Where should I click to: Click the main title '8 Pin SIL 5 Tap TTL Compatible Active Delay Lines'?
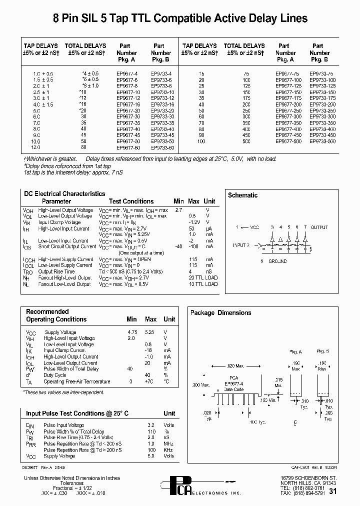180,19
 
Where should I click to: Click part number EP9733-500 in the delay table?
320,141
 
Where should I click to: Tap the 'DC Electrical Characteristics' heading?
64,193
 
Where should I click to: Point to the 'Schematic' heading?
243,195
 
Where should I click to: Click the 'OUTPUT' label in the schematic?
319,227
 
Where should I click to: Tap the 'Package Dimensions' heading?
220,312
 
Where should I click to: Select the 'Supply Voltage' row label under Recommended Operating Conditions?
60,332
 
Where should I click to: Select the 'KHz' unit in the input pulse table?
169,450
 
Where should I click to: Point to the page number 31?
333,491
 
